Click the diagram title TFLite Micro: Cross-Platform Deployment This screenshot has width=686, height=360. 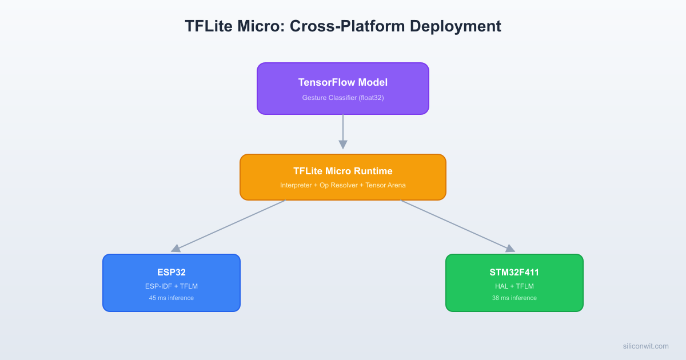pos(343,26)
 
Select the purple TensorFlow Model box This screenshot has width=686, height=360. pos(343,89)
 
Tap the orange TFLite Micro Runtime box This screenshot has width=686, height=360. pos(343,177)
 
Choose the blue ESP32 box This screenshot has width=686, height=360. pos(171,283)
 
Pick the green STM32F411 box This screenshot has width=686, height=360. pos(514,283)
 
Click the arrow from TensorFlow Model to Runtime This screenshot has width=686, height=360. pos(343,131)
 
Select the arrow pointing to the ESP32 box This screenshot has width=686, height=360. pos(229,226)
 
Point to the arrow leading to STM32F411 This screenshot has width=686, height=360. pos(457,226)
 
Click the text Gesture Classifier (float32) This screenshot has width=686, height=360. pos(343,98)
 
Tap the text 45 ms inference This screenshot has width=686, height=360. pos(171,298)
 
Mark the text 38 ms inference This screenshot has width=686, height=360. pos(514,298)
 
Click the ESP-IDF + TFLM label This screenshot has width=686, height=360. pos(171,286)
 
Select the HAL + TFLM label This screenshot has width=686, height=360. pos(514,286)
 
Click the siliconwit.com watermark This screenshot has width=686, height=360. pos(645,346)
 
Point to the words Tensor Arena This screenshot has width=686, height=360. pos(384,185)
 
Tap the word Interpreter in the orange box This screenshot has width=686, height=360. pos(296,185)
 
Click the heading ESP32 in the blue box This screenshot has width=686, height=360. pos(171,273)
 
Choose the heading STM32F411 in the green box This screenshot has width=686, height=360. pos(514,273)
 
